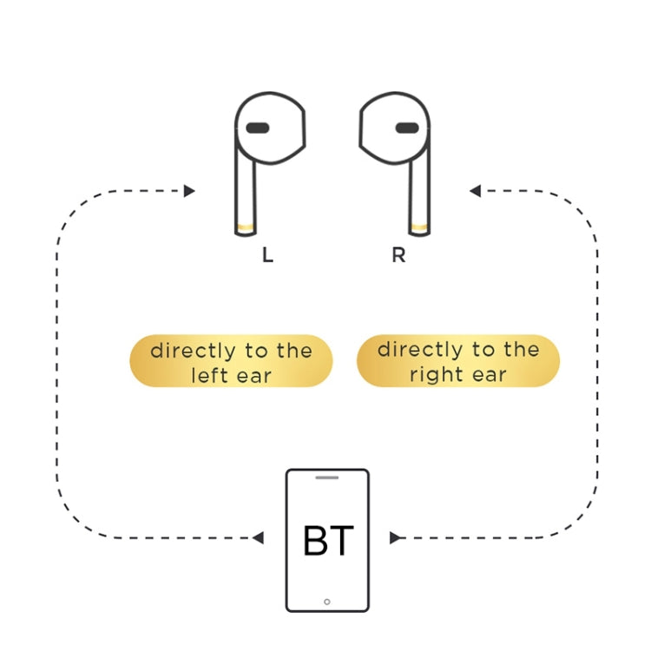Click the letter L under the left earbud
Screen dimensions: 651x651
click(x=267, y=257)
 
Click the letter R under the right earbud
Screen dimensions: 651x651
click(x=398, y=257)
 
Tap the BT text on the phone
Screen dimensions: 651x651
click(x=328, y=541)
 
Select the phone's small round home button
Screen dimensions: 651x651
click(x=327, y=602)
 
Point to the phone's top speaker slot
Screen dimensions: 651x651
click(x=327, y=477)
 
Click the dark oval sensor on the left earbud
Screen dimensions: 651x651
click(x=257, y=128)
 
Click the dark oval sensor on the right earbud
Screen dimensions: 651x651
click(x=407, y=128)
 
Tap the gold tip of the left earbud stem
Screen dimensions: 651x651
click(x=246, y=228)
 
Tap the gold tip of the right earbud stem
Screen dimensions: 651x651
click(x=419, y=228)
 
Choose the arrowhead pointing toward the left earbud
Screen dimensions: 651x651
click(x=189, y=191)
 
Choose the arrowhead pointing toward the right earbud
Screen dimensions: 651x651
click(x=475, y=191)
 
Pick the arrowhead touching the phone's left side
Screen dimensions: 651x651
click(x=258, y=538)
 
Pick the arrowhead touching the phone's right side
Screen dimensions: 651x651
click(x=396, y=538)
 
